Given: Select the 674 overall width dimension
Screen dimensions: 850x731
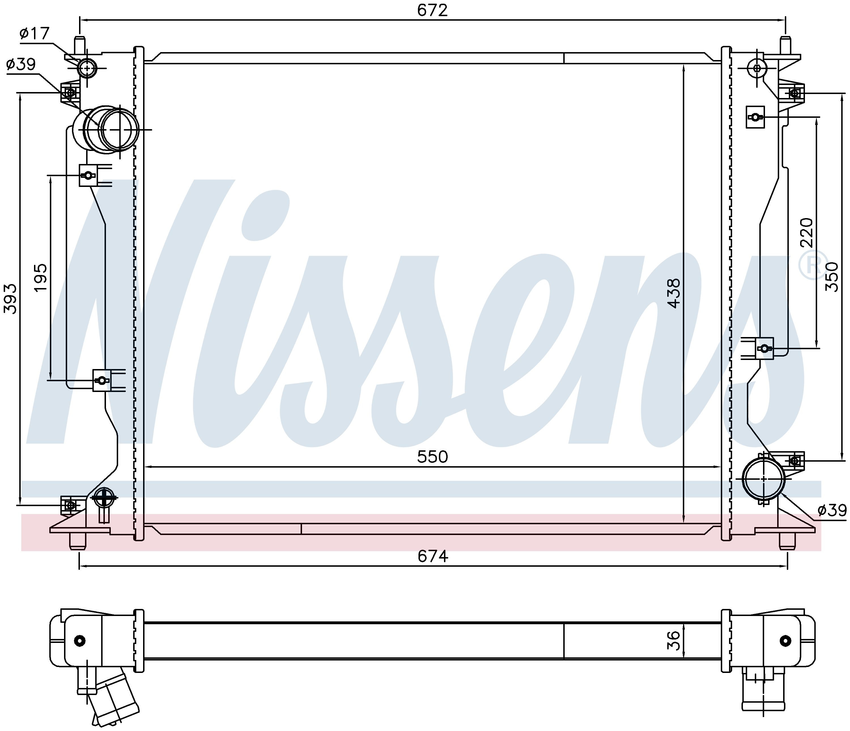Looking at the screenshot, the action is click(x=433, y=556).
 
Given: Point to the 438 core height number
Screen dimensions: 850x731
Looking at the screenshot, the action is click(x=673, y=293).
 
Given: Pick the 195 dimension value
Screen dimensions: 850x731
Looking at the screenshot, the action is click(x=41, y=278).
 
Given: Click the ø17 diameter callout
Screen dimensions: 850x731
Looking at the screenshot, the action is click(x=35, y=33).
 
